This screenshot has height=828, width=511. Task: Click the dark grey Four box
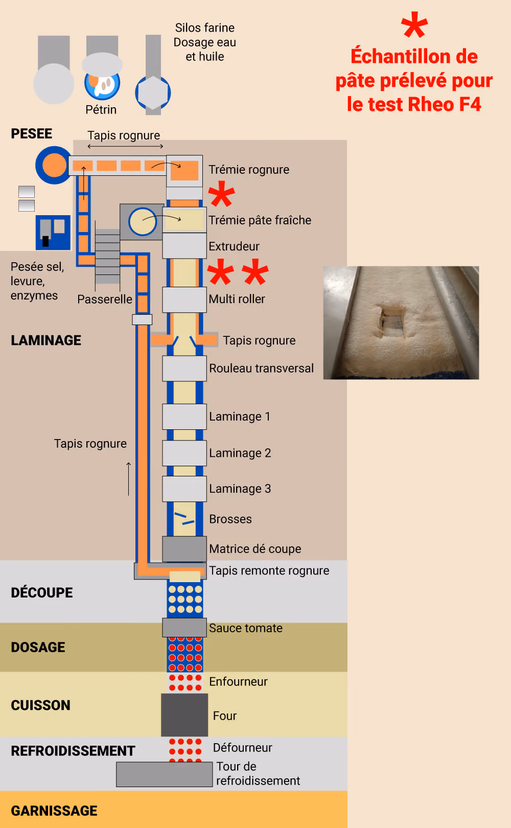(184, 715)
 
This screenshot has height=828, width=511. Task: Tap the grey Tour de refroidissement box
(164, 774)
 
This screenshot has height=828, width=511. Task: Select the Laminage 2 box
(184, 453)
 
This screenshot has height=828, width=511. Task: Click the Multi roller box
(184, 300)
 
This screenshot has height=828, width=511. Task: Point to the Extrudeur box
(184, 245)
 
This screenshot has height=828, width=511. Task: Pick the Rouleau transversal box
(184, 368)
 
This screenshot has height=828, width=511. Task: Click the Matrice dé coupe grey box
(184, 548)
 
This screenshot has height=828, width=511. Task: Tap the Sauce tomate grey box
(184, 627)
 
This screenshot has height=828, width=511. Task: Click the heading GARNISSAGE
(54, 811)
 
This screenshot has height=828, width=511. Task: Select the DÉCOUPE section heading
(42, 592)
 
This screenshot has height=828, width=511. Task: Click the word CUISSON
(41, 705)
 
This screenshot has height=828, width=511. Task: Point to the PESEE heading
(31, 133)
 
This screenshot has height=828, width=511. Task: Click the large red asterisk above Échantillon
(414, 25)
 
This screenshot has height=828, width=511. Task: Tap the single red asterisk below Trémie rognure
(221, 194)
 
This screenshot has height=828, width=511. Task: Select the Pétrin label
(101, 109)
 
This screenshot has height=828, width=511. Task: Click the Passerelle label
(105, 298)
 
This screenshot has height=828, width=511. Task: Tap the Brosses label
(230, 519)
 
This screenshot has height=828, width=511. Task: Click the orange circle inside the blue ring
(54, 165)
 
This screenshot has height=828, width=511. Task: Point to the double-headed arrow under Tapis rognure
(125, 146)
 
